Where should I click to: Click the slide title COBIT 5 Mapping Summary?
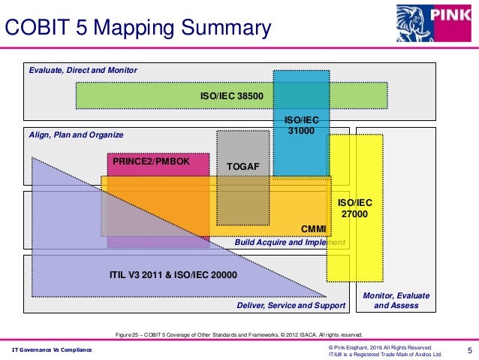point(138,29)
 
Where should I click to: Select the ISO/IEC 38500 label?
point(231,96)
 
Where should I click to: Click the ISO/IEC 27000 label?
point(354,208)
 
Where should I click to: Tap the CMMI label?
point(312,228)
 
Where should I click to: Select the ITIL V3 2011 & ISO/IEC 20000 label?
point(173,276)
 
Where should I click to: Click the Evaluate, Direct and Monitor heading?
point(83,70)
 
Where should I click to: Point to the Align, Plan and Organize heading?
point(75,135)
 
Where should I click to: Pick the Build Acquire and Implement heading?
point(289,243)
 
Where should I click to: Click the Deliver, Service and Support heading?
point(291,306)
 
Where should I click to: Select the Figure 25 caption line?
point(237,334)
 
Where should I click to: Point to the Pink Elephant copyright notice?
point(380,346)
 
